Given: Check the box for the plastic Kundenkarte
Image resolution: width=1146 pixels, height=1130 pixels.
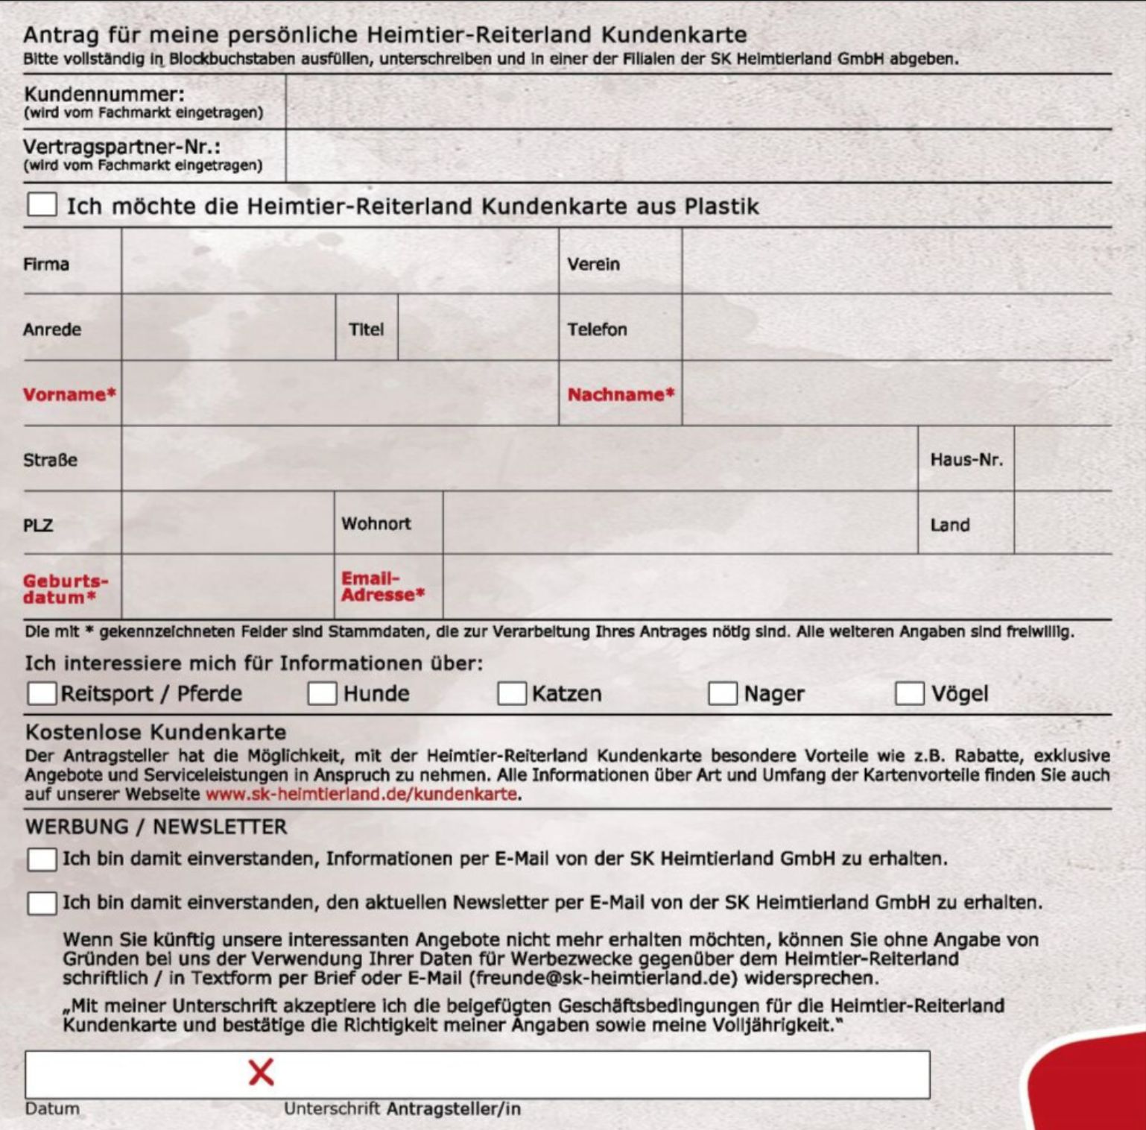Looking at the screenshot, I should [x=42, y=204].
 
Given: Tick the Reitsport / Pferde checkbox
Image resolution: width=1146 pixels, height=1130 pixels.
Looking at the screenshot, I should [x=42, y=693].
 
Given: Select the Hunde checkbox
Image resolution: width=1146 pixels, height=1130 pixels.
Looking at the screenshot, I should [x=322, y=693].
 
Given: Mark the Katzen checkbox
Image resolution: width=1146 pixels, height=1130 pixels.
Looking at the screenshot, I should [x=512, y=693].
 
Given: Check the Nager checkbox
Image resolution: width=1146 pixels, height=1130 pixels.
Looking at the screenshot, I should [x=722, y=693].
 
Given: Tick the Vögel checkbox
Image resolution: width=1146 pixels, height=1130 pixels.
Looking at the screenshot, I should [x=909, y=693].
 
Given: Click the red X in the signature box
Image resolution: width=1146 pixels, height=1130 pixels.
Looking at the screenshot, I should [x=261, y=1073].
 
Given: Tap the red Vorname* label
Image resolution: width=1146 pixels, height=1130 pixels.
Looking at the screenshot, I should [x=69, y=394].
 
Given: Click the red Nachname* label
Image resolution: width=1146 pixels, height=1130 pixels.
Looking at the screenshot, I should [x=621, y=394].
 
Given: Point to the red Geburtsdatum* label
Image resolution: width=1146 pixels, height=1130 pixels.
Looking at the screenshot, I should [x=66, y=589].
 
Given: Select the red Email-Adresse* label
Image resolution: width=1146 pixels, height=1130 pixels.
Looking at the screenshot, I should [x=382, y=587].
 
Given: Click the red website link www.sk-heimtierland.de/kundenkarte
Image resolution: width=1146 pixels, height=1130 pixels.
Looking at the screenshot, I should [x=361, y=795].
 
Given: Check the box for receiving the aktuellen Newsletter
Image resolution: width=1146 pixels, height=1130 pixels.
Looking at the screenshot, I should [x=42, y=903].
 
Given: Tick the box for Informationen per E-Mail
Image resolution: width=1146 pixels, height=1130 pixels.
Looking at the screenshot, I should [x=42, y=859].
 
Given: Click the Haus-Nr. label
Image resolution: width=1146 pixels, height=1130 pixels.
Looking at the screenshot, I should [x=966, y=460].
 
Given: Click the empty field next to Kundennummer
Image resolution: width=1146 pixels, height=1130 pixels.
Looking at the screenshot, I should [x=698, y=102].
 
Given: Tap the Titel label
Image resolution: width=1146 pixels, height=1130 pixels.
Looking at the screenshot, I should [x=367, y=329].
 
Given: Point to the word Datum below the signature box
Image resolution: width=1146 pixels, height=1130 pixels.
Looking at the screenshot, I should [x=52, y=1108].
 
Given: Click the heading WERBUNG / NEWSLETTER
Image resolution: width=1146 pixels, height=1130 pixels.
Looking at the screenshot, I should [x=156, y=827].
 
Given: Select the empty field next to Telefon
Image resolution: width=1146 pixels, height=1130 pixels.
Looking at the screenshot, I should [x=896, y=329].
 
